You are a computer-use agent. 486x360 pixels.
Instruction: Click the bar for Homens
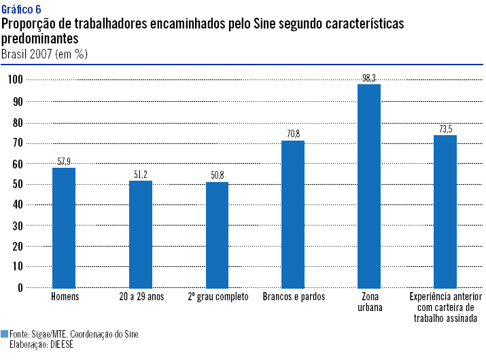click(64, 228)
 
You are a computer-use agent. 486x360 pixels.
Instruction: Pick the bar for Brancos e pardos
click(294, 214)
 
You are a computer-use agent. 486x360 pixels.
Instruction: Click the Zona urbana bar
click(369, 185)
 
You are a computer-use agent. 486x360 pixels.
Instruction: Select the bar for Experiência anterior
click(445, 211)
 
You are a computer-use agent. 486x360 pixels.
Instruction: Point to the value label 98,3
click(369, 78)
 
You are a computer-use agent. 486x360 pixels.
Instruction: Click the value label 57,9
click(64, 162)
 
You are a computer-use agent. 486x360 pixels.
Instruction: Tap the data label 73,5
click(445, 129)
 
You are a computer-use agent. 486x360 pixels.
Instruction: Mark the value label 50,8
click(218, 176)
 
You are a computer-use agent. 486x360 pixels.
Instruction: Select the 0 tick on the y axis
click(20, 287)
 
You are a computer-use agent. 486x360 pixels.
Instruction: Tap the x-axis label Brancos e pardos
click(294, 298)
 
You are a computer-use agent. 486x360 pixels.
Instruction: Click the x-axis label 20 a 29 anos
click(141, 298)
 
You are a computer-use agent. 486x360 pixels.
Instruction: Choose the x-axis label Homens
click(65, 298)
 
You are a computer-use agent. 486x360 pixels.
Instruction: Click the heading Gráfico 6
click(21, 9)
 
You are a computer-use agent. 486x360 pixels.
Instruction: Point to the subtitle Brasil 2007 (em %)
click(44, 54)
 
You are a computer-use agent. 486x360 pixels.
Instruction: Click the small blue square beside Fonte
click(5, 334)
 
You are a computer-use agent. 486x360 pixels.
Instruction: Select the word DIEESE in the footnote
click(60, 344)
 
